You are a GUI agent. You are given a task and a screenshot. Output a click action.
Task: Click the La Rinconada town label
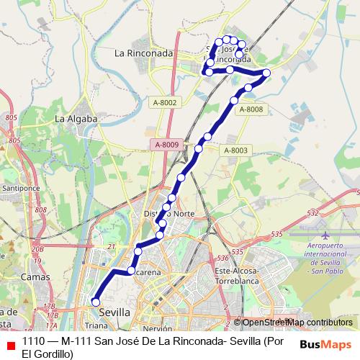tap(144, 53)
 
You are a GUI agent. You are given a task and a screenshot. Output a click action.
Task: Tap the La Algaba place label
tap(75, 118)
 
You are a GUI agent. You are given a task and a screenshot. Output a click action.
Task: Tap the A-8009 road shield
tap(165, 145)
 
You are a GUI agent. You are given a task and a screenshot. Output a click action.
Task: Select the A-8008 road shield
tap(251, 109)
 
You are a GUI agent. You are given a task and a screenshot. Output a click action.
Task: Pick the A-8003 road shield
tap(235, 150)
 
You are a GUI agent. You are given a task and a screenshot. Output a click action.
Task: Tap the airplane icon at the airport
tap(325, 236)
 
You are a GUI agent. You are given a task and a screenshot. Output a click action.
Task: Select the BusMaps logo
tap(325, 344)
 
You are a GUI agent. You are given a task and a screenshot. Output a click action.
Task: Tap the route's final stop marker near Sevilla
tap(95, 302)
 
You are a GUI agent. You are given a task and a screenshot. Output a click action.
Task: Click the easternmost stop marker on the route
tap(266, 73)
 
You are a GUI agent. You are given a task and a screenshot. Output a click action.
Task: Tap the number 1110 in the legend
tap(34, 341)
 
